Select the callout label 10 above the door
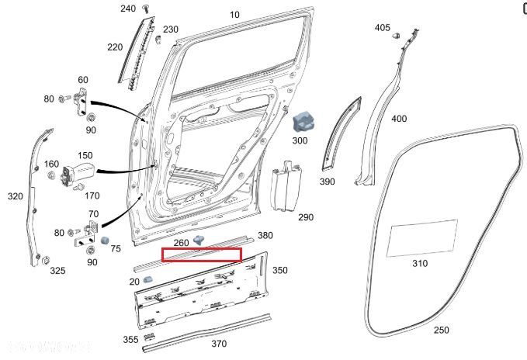coord(234,15)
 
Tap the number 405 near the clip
coord(383,28)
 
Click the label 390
coord(327,181)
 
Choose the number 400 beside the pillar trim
coord(398,119)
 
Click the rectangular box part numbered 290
coord(285,187)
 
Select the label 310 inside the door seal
coord(419,263)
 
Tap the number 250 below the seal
coord(441,330)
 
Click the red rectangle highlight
coord(201,254)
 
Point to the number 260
coord(181,243)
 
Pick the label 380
coord(265,235)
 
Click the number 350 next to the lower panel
coord(279,270)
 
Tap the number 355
coord(130,339)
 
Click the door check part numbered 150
coord(79,172)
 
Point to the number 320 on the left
coord(16,196)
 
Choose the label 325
coord(57,271)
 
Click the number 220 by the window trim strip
coord(115,47)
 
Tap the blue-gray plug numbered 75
coord(106,237)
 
